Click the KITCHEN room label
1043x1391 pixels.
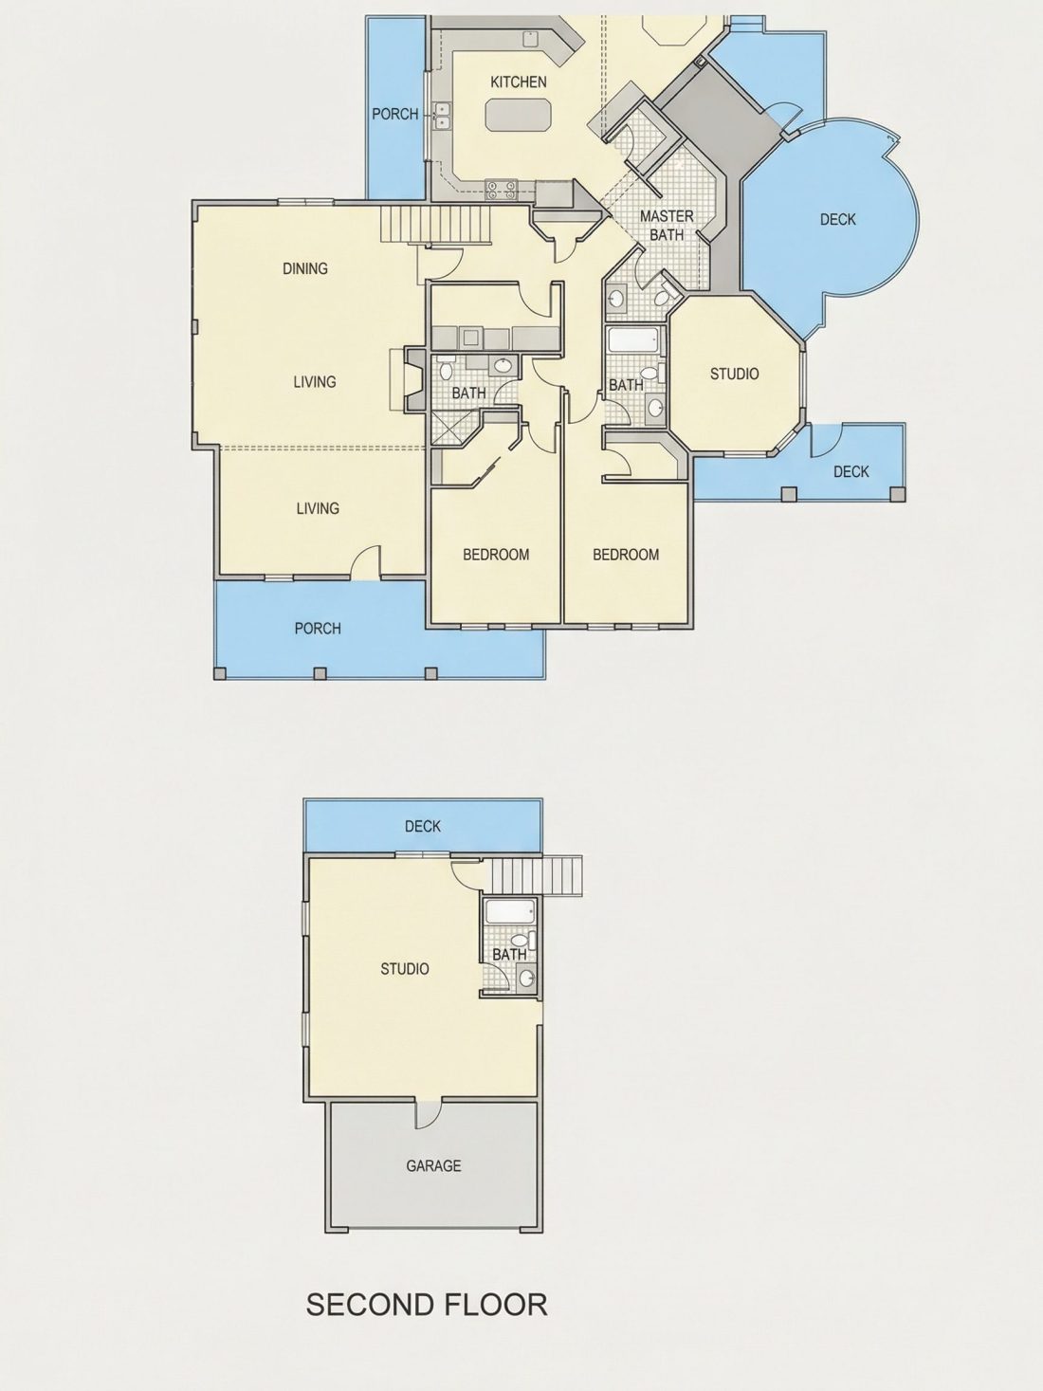click(519, 82)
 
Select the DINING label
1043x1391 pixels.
click(304, 268)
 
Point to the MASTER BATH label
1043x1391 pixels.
click(667, 226)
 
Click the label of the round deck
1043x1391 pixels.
click(837, 220)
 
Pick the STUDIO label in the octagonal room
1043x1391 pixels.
click(735, 374)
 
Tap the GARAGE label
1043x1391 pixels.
click(433, 1165)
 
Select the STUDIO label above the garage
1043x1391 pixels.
click(405, 969)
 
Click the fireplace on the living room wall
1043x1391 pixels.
click(413, 380)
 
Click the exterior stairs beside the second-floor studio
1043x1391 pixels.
click(538, 876)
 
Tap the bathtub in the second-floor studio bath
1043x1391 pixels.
click(510, 912)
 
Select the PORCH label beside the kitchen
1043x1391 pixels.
click(394, 114)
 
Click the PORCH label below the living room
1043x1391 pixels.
click(318, 629)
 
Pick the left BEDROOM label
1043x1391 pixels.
click(496, 555)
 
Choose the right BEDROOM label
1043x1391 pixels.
click(626, 555)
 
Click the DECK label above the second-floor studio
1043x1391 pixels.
click(423, 827)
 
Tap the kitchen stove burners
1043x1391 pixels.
click(502, 188)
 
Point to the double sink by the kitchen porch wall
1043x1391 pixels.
click(442, 116)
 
